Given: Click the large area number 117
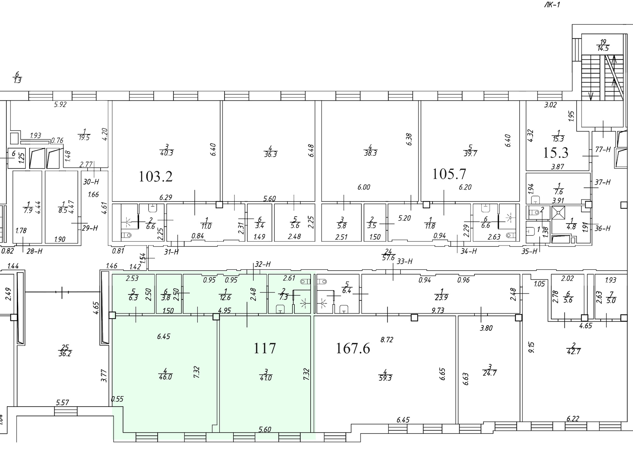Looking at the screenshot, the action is pyautogui.click(x=264, y=348).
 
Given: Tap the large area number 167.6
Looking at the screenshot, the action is pyautogui.click(x=353, y=348).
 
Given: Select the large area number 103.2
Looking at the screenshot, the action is pyautogui.click(x=155, y=176).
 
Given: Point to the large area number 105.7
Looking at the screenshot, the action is pyautogui.click(x=449, y=174).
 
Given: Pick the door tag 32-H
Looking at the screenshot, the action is pyautogui.click(x=263, y=264).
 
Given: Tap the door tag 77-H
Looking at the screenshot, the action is pyautogui.click(x=603, y=149).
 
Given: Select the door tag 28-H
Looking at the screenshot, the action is pyautogui.click(x=35, y=251).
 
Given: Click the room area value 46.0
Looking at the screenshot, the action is pyautogui.click(x=165, y=377).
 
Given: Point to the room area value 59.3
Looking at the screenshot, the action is pyautogui.click(x=385, y=379).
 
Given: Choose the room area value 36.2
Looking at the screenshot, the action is pyautogui.click(x=65, y=354).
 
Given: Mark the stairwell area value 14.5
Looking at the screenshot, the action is pyautogui.click(x=603, y=48).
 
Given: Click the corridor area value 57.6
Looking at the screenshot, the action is pyautogui.click(x=388, y=258).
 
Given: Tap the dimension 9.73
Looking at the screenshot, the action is pyautogui.click(x=437, y=310).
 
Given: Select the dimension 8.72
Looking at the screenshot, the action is pyautogui.click(x=387, y=340).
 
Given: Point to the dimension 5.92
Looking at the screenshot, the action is pyautogui.click(x=60, y=105).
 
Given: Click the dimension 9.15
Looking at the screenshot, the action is pyautogui.click(x=531, y=348).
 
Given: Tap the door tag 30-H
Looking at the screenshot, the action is pyautogui.click(x=91, y=182).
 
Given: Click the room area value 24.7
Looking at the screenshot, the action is pyautogui.click(x=490, y=374).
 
